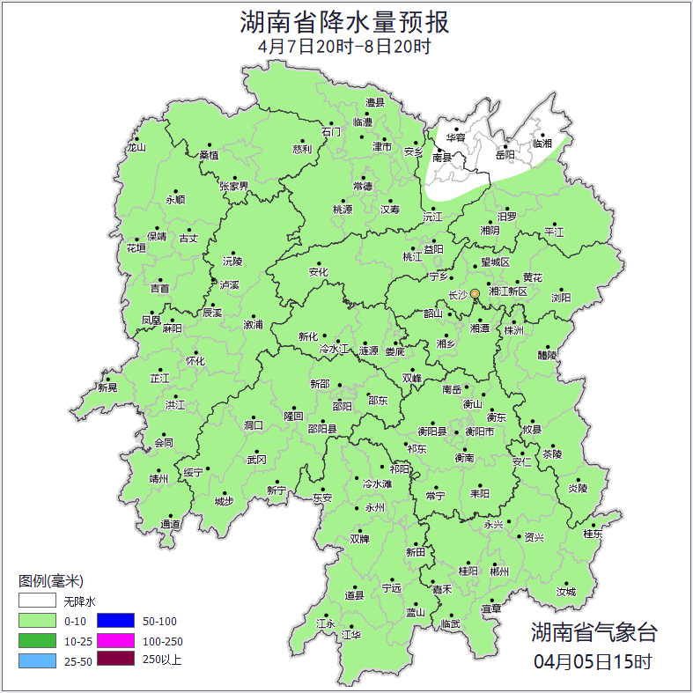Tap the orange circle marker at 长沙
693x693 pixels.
[x=476, y=293]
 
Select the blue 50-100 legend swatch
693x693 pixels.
[x=115, y=622]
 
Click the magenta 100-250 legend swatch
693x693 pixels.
[x=115, y=640]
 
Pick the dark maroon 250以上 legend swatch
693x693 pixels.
[x=115, y=659]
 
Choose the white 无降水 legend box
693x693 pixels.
[x=37, y=602]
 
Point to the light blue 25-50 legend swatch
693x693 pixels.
[x=37, y=660]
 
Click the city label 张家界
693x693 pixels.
[x=234, y=187]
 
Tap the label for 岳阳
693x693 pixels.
[x=505, y=155]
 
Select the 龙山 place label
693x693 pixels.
[x=136, y=148]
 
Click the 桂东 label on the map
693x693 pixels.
[x=593, y=534]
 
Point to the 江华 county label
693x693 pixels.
[x=351, y=634]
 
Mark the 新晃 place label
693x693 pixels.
[x=107, y=387]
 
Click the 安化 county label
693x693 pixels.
[x=318, y=272]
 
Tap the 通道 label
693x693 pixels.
[x=170, y=525]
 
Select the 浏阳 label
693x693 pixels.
[x=561, y=298]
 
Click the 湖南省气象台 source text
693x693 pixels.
[x=593, y=631]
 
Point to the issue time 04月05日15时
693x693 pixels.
[x=593, y=660]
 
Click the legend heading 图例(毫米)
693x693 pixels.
[x=51, y=581]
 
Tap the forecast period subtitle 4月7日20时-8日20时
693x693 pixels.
[x=345, y=47]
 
